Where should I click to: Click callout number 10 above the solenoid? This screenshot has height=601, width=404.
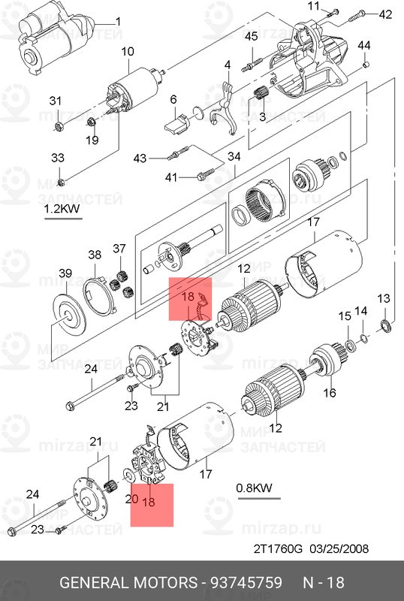[128, 52]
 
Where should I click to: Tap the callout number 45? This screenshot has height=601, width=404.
[251, 37]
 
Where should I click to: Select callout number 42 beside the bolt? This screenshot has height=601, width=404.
[385, 14]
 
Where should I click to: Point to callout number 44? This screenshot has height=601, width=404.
[363, 46]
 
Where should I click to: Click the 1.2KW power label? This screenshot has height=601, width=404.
[62, 209]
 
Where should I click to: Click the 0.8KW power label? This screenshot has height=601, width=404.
[254, 488]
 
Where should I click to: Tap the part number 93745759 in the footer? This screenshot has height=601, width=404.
[246, 583]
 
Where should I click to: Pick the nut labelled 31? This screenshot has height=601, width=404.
[59, 126]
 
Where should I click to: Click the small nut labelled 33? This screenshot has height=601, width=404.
[61, 182]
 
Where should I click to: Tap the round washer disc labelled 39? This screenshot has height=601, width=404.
[68, 316]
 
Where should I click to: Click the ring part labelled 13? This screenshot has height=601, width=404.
[384, 326]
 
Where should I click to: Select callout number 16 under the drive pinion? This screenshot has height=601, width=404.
[330, 393]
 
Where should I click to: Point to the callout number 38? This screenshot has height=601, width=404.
[95, 255]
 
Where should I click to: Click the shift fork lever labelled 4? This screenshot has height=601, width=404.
[226, 108]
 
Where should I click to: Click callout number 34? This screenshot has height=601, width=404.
[234, 156]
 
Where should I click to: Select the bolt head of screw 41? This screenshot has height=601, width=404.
[200, 177]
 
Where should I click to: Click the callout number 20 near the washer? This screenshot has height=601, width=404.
[131, 499]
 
